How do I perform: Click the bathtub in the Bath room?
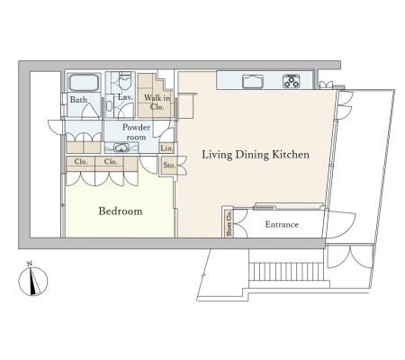[x=84, y=82]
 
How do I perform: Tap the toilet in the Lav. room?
[x=125, y=80]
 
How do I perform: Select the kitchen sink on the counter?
[x=253, y=81]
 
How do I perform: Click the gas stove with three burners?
[x=291, y=81]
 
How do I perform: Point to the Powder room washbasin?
[x=121, y=148]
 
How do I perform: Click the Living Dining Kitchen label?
[x=256, y=155]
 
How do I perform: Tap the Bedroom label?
[x=121, y=211]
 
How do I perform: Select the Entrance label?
[x=282, y=224]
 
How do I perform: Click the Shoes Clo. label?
[x=229, y=223]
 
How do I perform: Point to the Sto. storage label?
[x=169, y=165]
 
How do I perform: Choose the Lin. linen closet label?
[x=166, y=148]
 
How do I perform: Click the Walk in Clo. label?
[x=157, y=102]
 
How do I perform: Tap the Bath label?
[x=78, y=100]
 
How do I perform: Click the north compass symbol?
[x=33, y=282]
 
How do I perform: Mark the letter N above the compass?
[x=30, y=264]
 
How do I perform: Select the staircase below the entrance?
[x=286, y=272]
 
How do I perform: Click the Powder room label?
[x=136, y=132]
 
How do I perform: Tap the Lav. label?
[x=125, y=97]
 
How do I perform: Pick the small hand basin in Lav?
[x=109, y=105]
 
